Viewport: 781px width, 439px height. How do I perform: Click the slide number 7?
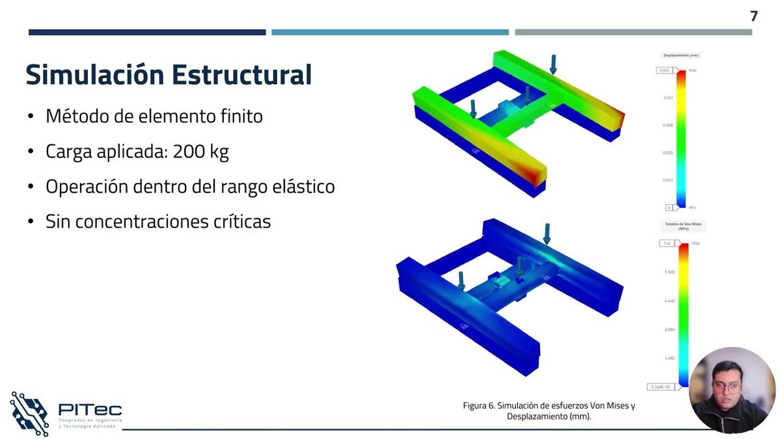pos(754,16)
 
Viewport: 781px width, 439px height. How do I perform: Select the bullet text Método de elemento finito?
pos(154,116)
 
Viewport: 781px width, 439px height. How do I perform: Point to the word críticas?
pos(241,221)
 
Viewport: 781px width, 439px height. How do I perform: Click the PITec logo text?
pos(90,409)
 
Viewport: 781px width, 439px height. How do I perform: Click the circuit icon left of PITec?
pos(29,413)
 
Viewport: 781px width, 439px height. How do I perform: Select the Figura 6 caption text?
pos(549,411)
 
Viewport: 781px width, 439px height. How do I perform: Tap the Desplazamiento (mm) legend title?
pos(681,56)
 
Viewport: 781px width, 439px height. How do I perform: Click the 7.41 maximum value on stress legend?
pos(665,243)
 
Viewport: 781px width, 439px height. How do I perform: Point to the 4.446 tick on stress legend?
pos(670,301)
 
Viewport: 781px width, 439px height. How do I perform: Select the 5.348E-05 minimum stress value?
pos(662,387)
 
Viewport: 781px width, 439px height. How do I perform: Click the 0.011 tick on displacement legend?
pos(668,98)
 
